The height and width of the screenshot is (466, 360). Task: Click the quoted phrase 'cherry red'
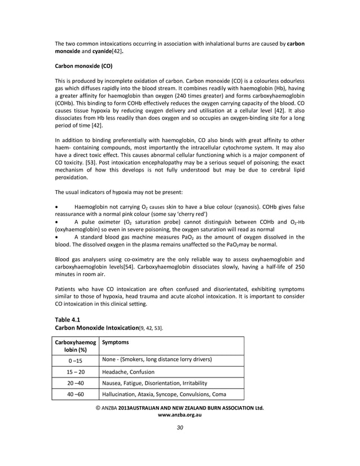191,214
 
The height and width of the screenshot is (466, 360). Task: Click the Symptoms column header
116,342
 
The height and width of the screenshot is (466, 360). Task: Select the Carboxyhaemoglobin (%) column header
75,345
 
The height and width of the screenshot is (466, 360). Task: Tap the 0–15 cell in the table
75,360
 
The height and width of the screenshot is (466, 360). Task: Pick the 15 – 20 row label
75,372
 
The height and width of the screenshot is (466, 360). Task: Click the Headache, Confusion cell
129,372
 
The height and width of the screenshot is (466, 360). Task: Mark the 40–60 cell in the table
75,394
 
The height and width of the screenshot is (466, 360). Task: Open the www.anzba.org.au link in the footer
179,415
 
